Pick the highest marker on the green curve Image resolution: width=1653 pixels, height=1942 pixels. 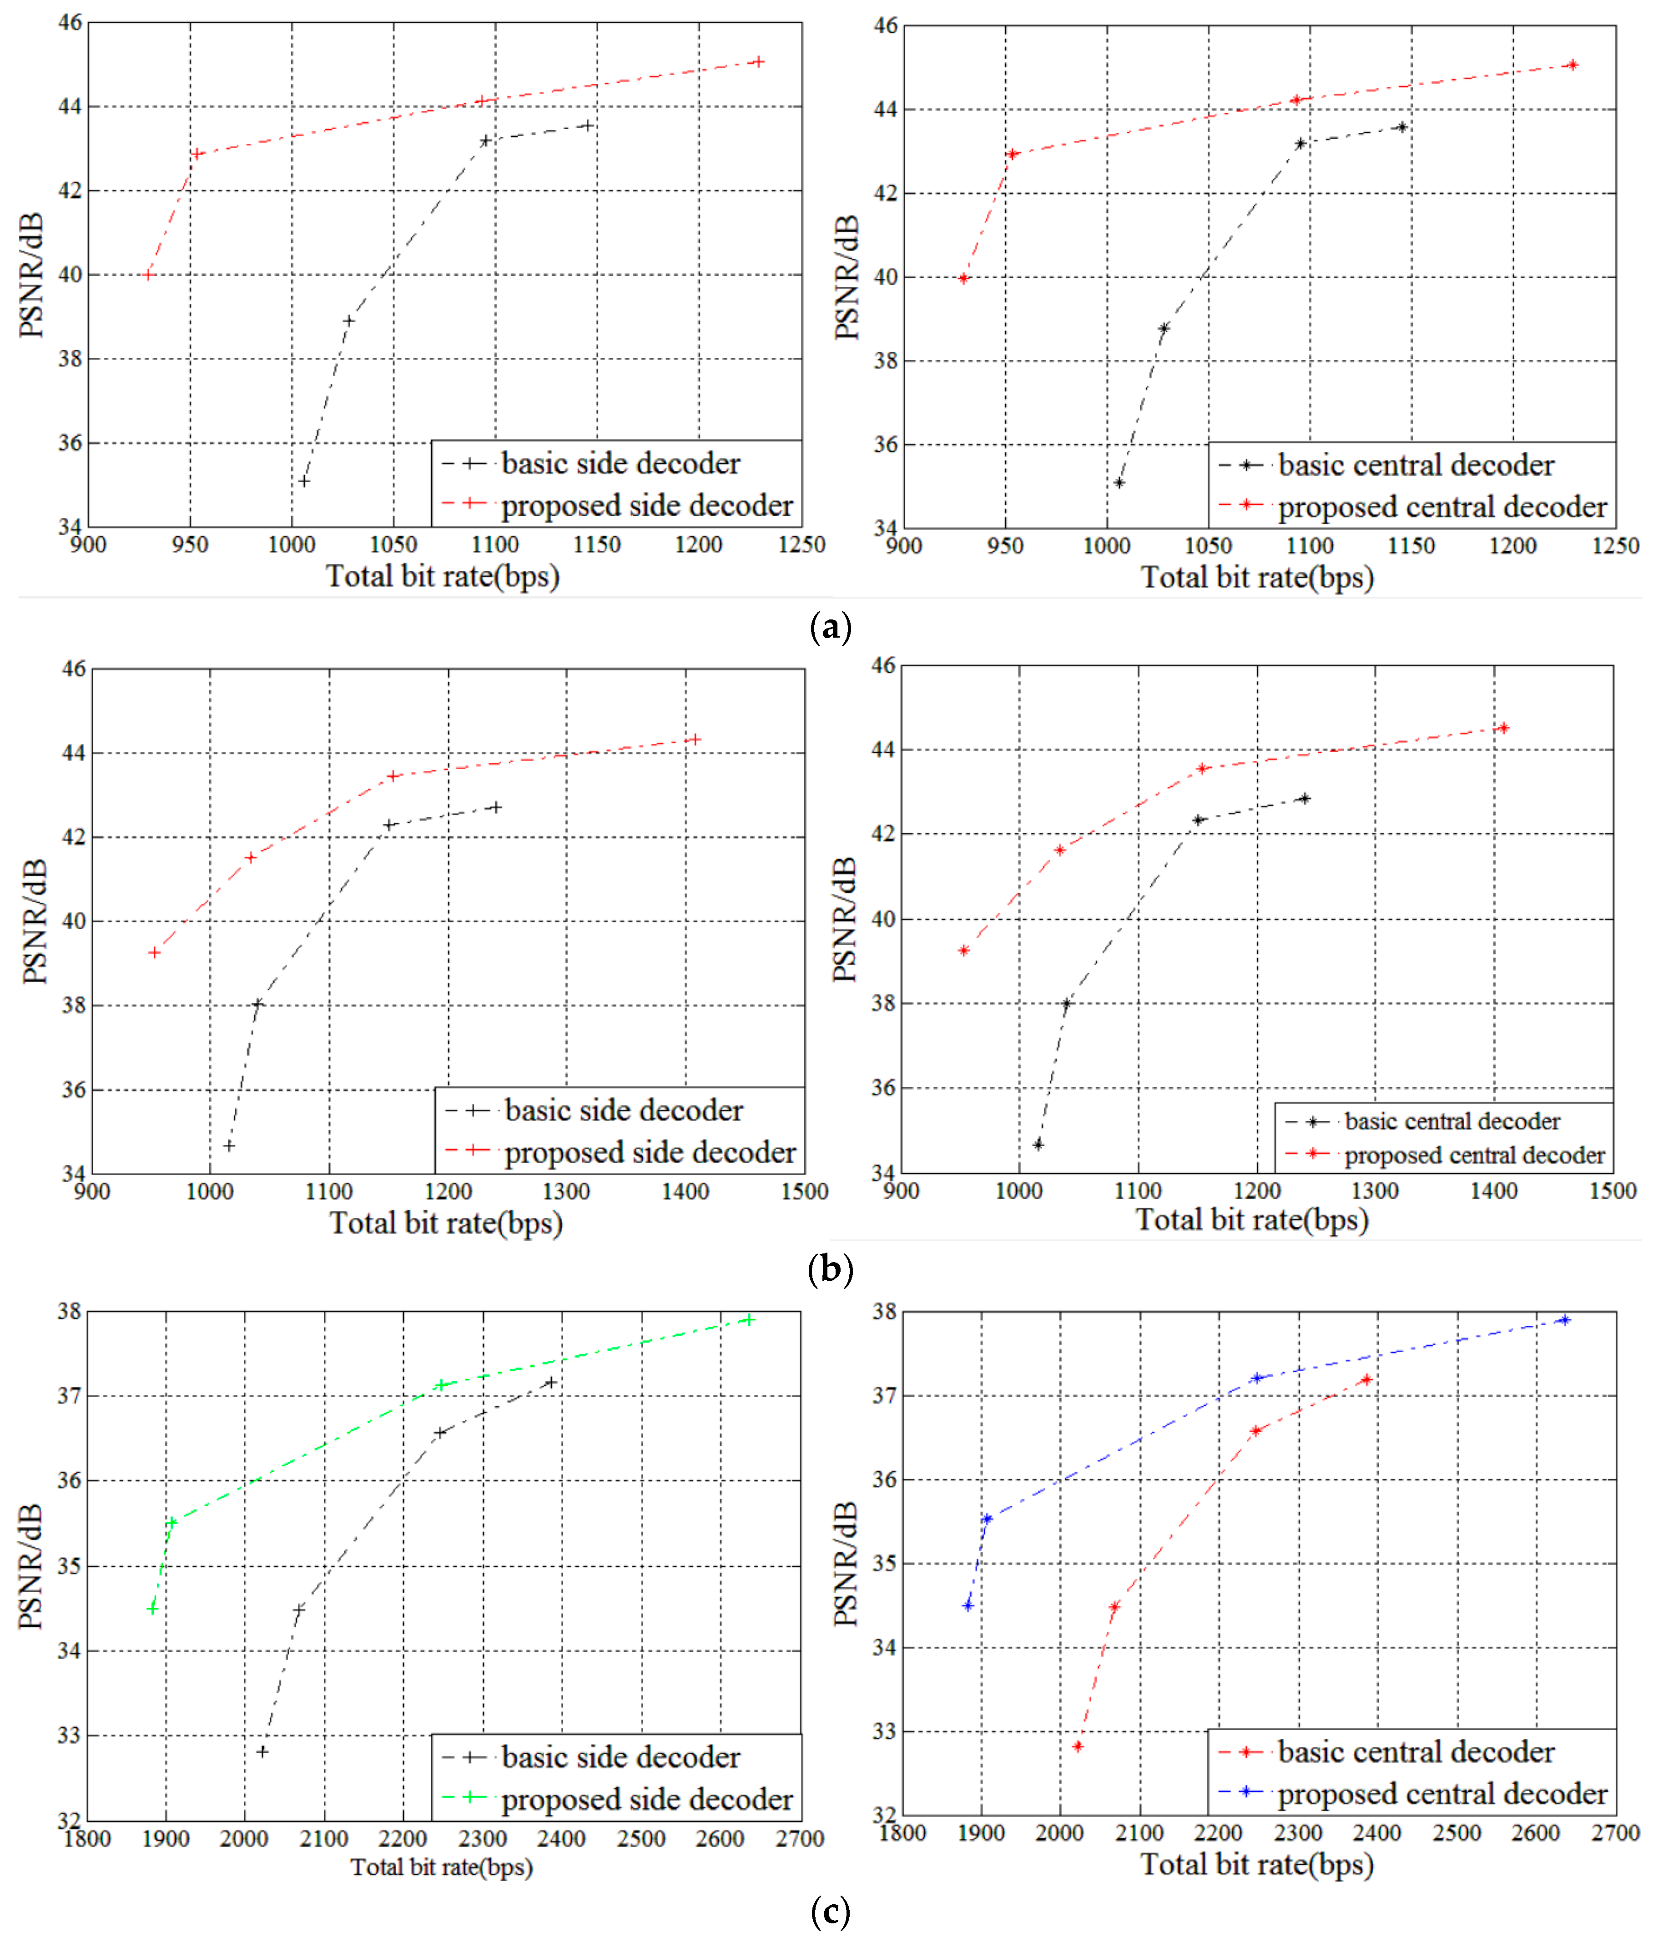click(x=749, y=1320)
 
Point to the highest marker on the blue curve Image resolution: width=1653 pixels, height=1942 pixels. click(x=1564, y=1320)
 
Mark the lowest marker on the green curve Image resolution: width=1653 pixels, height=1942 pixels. click(x=153, y=1609)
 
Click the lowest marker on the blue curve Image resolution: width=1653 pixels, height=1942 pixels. click(x=968, y=1606)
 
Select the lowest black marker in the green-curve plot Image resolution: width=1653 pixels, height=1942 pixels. click(x=262, y=1752)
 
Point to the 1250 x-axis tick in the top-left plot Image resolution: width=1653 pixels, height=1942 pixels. click(x=801, y=544)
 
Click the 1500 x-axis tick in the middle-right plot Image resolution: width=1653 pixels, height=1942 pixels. click(x=1613, y=1191)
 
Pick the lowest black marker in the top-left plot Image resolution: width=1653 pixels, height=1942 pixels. click(x=303, y=482)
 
